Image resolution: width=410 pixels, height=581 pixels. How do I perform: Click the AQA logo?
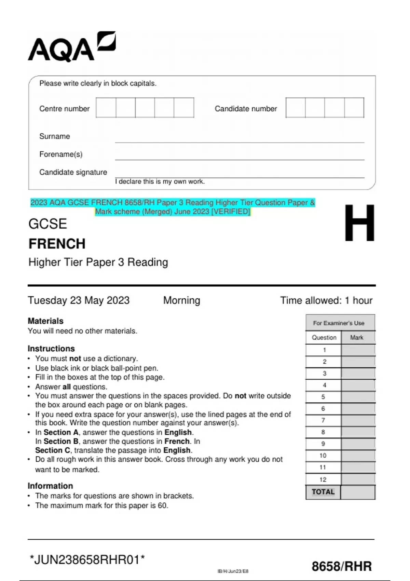pos(72,47)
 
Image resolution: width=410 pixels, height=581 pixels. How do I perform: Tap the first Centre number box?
pos(106,108)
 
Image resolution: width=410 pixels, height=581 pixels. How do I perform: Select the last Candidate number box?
pos(354,108)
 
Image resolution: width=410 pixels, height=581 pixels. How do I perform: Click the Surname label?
pos(55,136)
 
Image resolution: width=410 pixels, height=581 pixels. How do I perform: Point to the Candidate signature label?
pos(73,172)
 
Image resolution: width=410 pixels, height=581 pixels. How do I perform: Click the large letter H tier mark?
pos(359,223)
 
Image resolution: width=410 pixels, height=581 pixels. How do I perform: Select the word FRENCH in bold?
pos(57,244)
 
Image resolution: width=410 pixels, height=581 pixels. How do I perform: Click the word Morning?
pos(181,300)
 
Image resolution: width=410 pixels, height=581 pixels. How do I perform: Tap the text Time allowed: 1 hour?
pos(326,300)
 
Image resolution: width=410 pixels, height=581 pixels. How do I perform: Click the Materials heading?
pos(45,321)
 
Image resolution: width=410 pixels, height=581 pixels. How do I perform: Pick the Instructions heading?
pos(51,349)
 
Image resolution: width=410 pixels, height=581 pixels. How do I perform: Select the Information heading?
pos(50,486)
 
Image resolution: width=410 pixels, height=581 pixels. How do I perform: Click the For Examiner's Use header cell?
pos(339,323)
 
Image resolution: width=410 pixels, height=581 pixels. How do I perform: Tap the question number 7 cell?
pos(323,420)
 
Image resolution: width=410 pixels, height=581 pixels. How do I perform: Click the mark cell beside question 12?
pos(358,479)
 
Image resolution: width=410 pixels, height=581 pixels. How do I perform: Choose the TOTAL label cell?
pos(323,492)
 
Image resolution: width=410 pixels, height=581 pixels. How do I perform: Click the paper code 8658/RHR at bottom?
pos(341,566)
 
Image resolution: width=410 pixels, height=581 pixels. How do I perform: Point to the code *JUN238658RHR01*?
pos(87,560)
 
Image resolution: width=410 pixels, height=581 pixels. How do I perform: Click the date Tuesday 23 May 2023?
pos(79,300)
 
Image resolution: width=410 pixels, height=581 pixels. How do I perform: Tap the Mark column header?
pos(357,338)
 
